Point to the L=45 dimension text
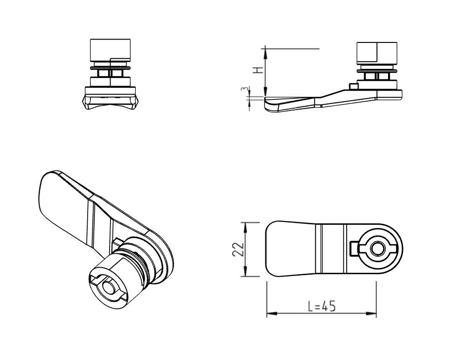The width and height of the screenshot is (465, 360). (x=322, y=306)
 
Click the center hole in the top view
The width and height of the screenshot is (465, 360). (x=375, y=249)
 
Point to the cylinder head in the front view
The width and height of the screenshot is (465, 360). (x=109, y=50)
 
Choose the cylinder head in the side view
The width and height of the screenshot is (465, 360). (x=377, y=53)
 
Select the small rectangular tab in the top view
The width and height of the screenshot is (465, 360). (x=354, y=247)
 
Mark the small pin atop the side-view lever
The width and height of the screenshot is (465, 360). (x=354, y=86)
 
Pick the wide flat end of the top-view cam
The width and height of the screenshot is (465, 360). (x=280, y=249)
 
